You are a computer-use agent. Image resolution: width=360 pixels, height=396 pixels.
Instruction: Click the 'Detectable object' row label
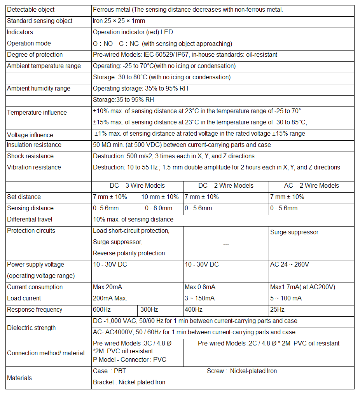31,9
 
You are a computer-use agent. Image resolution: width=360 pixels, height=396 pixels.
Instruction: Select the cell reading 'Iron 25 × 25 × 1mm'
119,21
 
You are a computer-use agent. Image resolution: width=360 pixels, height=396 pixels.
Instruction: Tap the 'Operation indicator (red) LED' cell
133,32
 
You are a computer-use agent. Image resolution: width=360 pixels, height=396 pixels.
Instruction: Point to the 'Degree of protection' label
35,54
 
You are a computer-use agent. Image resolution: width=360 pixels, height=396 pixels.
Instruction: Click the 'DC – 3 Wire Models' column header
137,185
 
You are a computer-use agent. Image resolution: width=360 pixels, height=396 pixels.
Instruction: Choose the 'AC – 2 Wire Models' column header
311,185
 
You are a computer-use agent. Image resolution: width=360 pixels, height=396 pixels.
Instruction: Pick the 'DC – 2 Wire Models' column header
226,185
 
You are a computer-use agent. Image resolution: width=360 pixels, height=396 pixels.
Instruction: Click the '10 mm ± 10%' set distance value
160,197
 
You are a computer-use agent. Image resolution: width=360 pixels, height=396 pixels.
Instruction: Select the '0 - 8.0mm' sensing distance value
159,208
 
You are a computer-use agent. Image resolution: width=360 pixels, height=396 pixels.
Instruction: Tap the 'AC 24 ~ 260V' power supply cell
289,264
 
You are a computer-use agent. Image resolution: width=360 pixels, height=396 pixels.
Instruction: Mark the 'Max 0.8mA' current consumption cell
200,287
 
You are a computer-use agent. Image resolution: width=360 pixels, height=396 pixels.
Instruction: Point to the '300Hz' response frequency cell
149,309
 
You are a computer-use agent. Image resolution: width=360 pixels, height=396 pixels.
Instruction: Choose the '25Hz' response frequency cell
277,309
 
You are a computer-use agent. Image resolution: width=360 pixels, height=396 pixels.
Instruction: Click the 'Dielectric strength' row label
31,328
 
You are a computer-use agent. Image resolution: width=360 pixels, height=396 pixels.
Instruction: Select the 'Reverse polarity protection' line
129,253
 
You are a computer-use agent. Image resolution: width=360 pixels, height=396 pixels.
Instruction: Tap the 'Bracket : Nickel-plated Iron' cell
129,382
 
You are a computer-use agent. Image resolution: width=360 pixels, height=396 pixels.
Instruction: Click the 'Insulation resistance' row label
34,145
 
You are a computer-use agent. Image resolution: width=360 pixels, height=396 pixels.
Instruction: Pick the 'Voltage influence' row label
31,135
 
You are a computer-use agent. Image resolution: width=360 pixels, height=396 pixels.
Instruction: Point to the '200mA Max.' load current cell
110,298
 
